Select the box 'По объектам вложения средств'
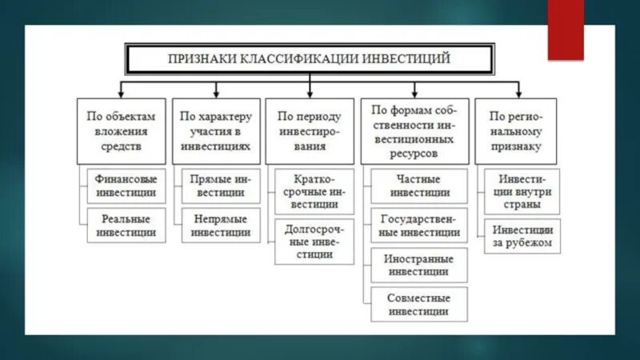[122, 131]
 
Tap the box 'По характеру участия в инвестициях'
[215, 131]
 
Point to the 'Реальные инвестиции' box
[126, 225]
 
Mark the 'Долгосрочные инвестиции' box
[314, 242]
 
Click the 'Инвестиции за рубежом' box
[522, 236]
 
